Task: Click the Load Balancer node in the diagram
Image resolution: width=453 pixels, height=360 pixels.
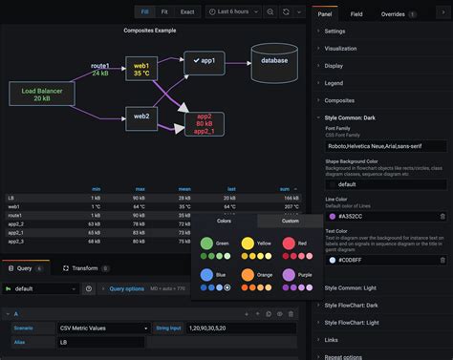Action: (x=42, y=94)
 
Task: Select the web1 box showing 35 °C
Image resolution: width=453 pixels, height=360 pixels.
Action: (x=141, y=70)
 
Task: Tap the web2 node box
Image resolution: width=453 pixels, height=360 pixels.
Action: (x=141, y=116)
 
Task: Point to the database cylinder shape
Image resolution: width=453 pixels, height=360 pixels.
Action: (x=273, y=60)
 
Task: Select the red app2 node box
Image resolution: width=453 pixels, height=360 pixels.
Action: (x=205, y=124)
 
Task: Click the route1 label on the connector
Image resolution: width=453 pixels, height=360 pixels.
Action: (x=100, y=66)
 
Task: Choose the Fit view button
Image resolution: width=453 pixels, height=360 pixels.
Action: (x=165, y=11)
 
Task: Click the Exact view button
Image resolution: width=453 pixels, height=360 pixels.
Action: (x=187, y=11)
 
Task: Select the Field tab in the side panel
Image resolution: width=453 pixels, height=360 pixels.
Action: (x=356, y=14)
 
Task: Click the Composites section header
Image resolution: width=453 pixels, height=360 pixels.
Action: (x=339, y=99)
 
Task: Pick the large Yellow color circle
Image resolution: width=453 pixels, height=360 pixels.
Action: (x=248, y=244)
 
